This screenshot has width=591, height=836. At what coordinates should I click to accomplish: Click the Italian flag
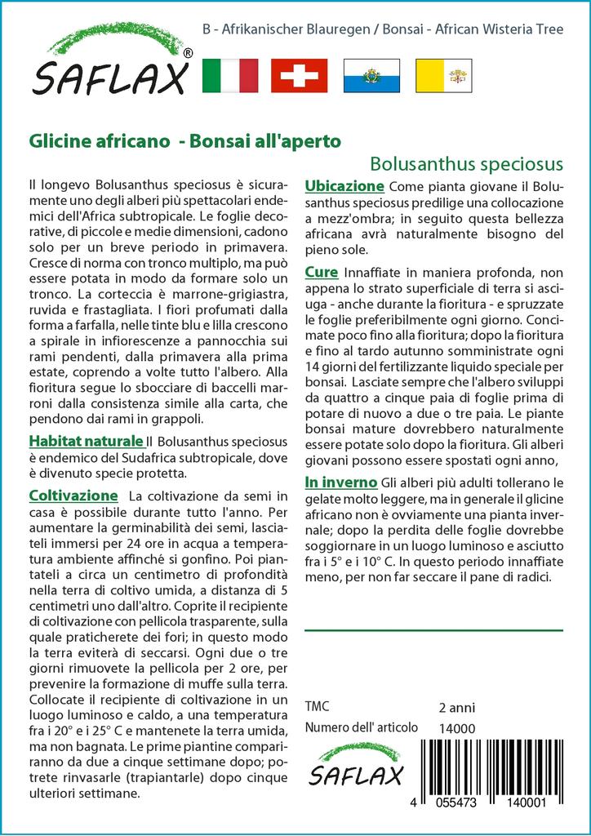229,75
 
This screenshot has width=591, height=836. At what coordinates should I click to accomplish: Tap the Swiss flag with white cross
299,75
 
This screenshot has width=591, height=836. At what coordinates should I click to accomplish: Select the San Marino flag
371,75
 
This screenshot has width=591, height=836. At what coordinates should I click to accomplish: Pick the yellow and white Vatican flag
443,75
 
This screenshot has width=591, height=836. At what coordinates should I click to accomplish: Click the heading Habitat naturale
86,442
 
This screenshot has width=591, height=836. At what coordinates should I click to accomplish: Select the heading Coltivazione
73,496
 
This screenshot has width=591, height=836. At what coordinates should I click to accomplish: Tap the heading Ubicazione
344,185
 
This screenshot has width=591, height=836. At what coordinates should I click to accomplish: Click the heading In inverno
340,482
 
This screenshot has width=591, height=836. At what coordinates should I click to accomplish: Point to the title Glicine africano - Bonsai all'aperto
184,140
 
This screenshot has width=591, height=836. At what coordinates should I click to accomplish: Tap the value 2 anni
456,707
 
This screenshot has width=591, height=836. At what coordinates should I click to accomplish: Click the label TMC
317,707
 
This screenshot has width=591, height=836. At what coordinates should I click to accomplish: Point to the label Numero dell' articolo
361,727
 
